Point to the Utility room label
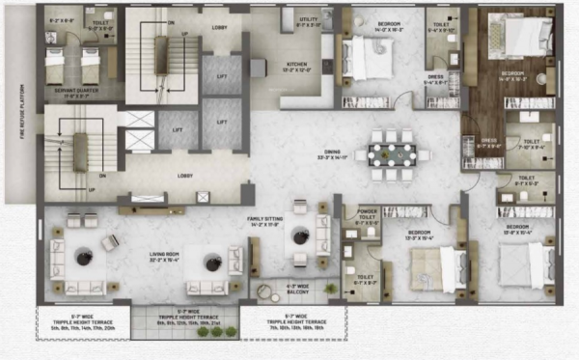click(309, 22)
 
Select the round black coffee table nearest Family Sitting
click(299, 234)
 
